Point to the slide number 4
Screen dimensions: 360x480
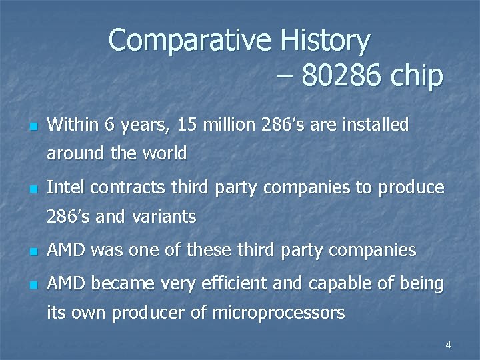click(448, 345)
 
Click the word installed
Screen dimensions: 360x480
click(377, 125)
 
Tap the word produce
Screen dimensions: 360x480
click(411, 188)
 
